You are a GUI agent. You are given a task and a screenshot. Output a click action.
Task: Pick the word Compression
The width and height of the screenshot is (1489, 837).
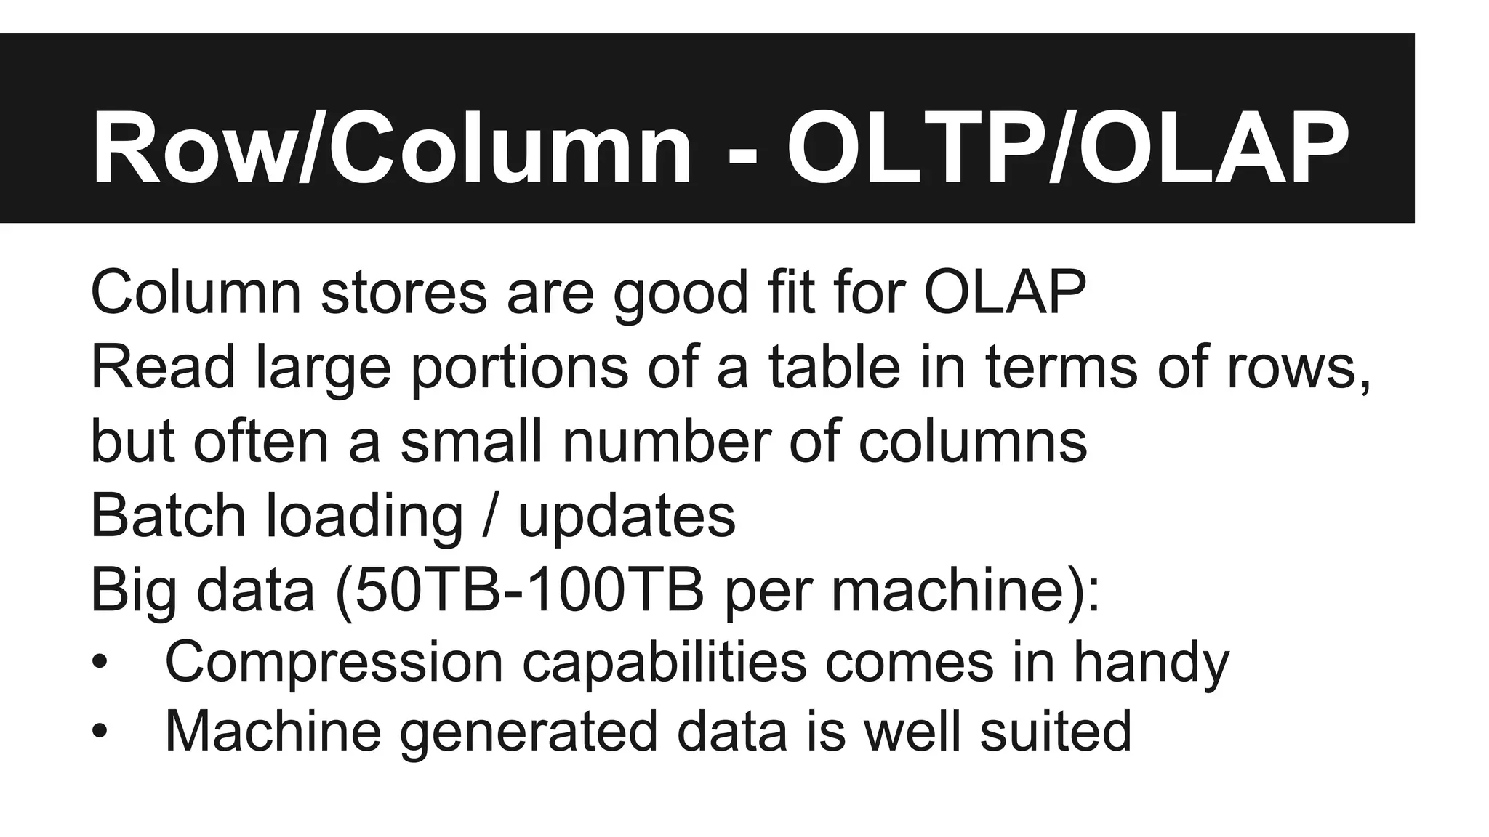(x=334, y=663)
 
